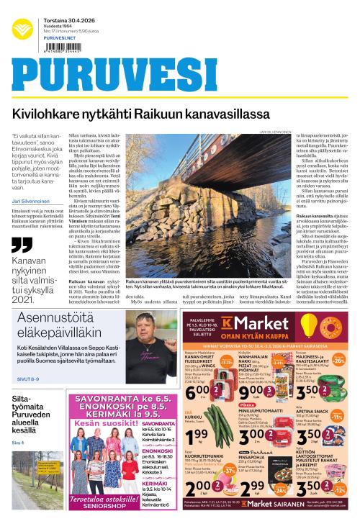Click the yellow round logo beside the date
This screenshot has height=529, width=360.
22,30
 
